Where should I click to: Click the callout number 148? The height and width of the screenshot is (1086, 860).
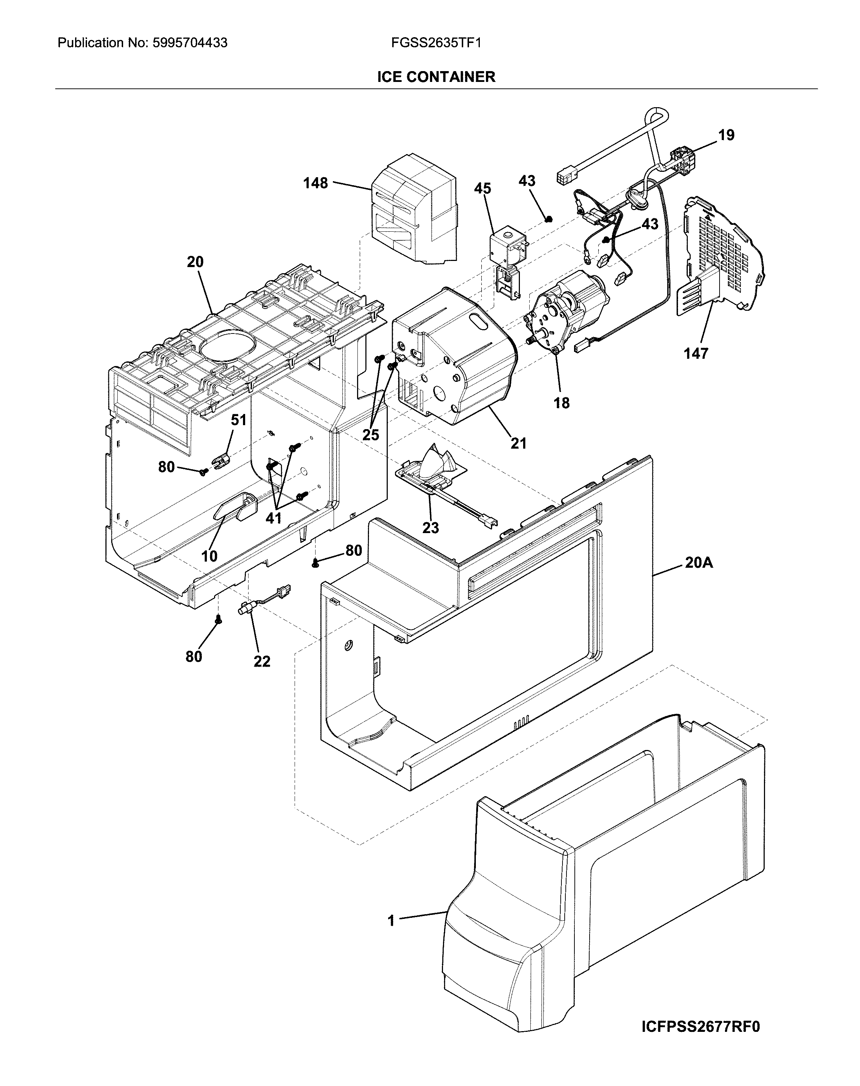pos(315,183)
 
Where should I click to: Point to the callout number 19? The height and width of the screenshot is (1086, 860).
pos(726,135)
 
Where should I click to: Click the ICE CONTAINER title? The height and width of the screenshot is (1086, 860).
pos(436,77)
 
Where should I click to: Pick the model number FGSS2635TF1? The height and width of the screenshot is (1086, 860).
pos(436,43)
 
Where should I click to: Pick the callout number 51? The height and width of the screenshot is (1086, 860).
pos(239,420)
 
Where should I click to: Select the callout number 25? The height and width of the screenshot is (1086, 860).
pos(371,435)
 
